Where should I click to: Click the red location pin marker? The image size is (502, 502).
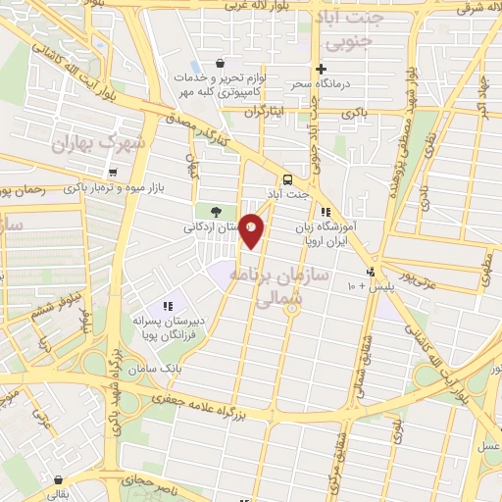click(x=252, y=229)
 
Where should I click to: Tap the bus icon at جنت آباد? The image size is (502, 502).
click(x=287, y=180)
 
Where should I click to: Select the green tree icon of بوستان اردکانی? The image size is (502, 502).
click(x=216, y=212)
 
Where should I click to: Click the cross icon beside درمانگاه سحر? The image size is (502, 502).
click(x=321, y=69)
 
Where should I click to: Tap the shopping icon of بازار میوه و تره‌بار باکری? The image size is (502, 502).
click(x=114, y=173)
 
